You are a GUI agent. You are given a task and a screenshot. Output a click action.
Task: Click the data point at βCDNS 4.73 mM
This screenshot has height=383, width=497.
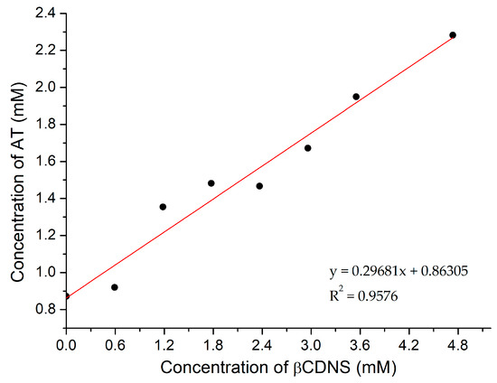pyautogui.click(x=453, y=35)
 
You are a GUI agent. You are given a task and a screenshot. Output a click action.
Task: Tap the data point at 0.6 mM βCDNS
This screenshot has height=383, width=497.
pyautogui.click(x=114, y=287)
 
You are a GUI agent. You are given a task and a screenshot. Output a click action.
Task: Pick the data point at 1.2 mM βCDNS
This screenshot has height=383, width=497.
pyautogui.click(x=163, y=207)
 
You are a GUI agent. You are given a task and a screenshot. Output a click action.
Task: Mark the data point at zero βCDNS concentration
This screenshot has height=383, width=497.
pyautogui.click(x=66, y=295)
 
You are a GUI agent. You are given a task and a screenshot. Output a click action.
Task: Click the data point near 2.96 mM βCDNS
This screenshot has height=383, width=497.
pyautogui.click(x=307, y=148)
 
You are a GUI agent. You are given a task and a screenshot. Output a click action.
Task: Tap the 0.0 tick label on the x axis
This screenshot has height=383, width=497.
pyautogui.click(x=66, y=343)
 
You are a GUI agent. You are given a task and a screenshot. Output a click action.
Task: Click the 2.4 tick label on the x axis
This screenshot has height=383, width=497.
pyautogui.click(x=261, y=343)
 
